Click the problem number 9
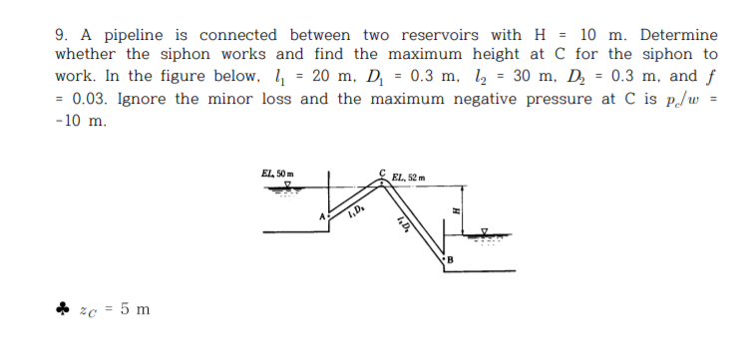point(59,34)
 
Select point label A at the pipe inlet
point(322,214)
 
